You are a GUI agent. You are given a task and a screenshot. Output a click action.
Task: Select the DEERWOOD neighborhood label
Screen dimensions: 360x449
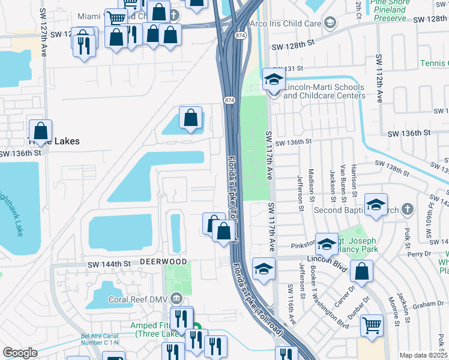163,262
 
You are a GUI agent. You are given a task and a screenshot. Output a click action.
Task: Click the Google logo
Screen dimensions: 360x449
20,353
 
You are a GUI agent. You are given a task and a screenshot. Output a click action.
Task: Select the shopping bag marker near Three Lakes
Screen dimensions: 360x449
41,131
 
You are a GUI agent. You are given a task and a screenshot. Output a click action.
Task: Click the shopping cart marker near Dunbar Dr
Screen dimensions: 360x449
372,325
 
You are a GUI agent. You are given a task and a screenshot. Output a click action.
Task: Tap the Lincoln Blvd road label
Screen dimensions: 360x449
327,259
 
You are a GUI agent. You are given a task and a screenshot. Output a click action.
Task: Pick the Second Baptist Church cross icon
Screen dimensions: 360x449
408,209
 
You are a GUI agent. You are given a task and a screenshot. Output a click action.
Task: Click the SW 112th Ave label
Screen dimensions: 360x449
379,78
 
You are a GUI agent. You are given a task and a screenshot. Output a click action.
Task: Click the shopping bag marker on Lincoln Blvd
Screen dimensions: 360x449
362,271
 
